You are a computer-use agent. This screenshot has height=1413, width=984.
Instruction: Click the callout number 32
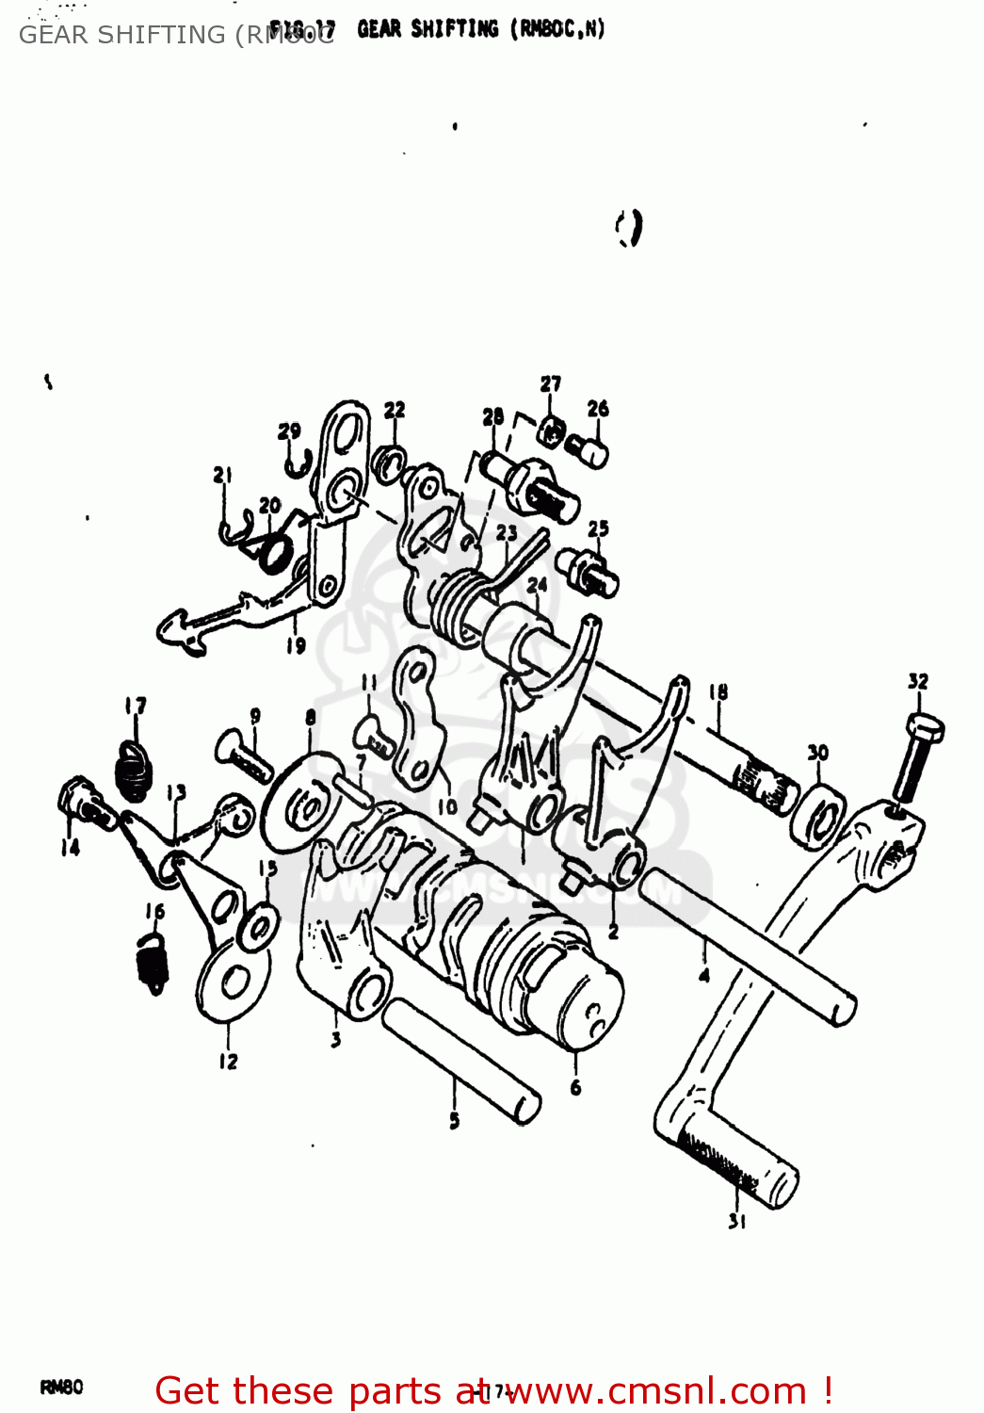click(918, 681)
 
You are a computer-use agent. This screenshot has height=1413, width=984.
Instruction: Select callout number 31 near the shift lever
click(736, 1221)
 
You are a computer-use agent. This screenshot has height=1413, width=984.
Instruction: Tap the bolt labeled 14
click(82, 801)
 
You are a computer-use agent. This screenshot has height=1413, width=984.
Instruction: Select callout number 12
click(228, 1061)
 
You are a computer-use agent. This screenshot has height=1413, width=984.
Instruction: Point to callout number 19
click(296, 645)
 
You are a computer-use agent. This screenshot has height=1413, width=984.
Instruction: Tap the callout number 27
click(551, 383)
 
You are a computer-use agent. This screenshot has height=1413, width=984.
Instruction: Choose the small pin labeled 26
click(589, 449)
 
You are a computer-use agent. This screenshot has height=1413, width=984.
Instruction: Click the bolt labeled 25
click(588, 572)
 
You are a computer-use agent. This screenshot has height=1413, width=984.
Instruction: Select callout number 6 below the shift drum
click(575, 1087)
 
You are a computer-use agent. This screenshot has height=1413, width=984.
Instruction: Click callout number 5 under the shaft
click(454, 1120)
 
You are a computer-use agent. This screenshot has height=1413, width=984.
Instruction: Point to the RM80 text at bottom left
click(61, 1387)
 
